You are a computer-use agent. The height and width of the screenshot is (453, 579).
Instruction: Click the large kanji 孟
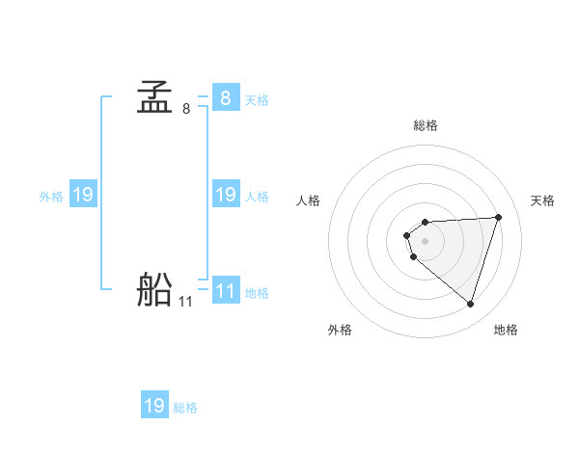[x=154, y=98]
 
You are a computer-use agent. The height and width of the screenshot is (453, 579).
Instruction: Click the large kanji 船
[x=154, y=290]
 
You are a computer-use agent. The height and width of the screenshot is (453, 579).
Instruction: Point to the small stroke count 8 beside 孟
[x=185, y=109]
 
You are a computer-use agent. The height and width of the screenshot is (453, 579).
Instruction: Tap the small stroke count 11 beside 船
[x=185, y=302]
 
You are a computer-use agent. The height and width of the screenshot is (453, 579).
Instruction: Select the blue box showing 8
[x=225, y=98]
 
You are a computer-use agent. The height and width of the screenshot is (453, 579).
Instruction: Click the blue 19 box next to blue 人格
[x=225, y=195]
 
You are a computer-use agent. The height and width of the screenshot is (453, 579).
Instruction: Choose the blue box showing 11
[x=225, y=291]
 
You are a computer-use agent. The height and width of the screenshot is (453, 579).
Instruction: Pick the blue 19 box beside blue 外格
[x=82, y=195]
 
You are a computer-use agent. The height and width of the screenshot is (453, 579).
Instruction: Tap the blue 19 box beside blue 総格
[x=154, y=406]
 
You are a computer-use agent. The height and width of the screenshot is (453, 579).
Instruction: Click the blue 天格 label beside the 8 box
[x=257, y=99]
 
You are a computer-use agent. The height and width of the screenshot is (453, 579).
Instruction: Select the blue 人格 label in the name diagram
[x=257, y=196]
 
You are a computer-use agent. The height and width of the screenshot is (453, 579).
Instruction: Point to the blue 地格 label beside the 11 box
[x=257, y=292]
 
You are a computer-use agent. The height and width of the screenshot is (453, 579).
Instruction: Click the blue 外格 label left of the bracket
[x=51, y=196]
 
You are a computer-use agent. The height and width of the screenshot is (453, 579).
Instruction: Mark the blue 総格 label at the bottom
[x=185, y=407]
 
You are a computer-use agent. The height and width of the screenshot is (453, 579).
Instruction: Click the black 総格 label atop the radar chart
[x=426, y=125]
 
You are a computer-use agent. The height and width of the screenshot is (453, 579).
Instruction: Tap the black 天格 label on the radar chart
[x=542, y=200]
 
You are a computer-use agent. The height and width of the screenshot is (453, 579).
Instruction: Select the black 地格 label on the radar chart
[x=506, y=330]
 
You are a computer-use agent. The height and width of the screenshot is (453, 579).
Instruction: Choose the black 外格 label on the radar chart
[x=340, y=330]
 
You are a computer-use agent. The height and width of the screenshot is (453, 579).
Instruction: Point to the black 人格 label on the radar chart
[x=309, y=200]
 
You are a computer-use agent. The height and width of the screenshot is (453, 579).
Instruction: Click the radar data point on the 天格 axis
[x=499, y=217]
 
